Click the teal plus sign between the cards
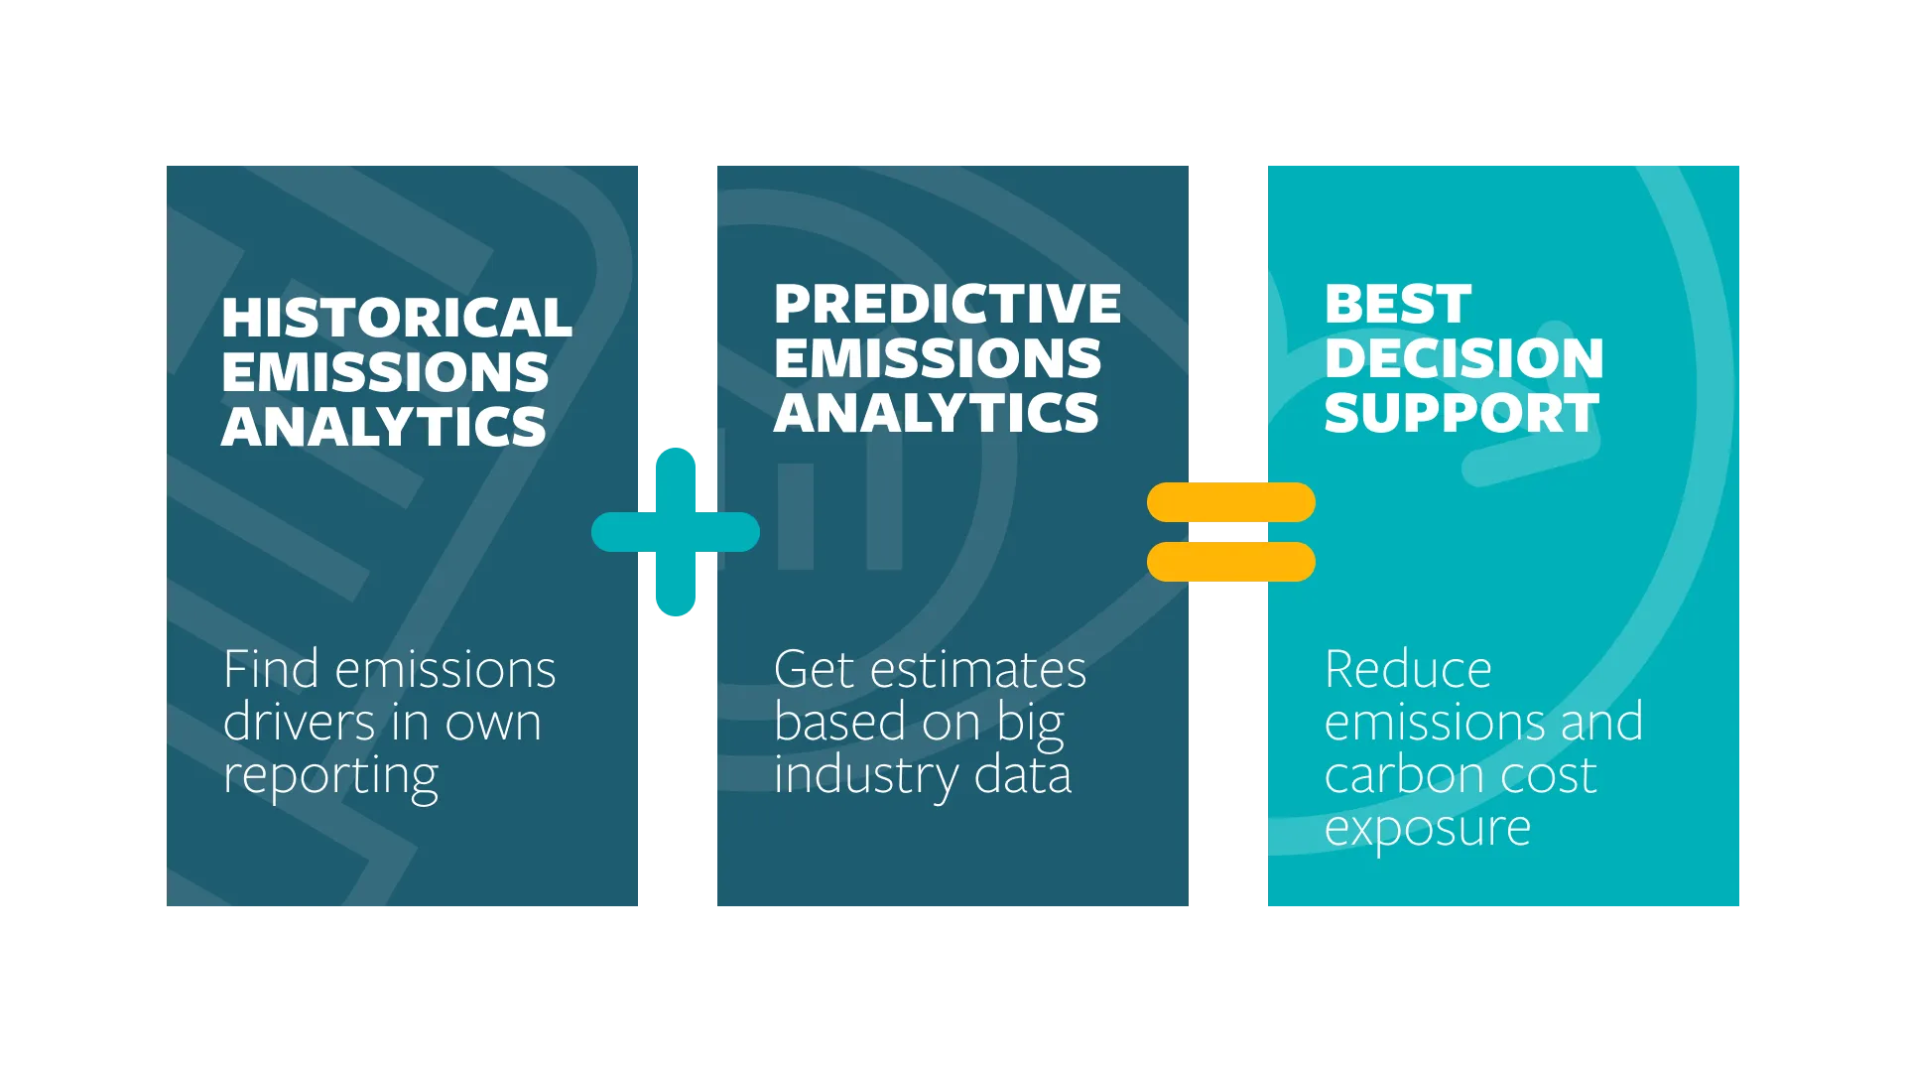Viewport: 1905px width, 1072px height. point(676,532)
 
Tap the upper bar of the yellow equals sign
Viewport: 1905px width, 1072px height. point(1230,502)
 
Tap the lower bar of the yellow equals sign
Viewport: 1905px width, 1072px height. point(1230,562)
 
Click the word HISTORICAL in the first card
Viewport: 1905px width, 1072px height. point(397,319)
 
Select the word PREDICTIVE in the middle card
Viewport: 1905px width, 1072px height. point(948,305)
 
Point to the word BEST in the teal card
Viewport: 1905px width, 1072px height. point(1398,305)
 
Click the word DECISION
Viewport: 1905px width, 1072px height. point(1464,358)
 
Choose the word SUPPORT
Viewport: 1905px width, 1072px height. point(1462,413)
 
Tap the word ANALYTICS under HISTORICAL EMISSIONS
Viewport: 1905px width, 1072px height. point(384,427)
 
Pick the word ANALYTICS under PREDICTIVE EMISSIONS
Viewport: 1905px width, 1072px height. point(937,413)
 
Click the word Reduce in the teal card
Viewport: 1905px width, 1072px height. point(1408,670)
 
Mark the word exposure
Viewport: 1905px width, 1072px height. point(1428,829)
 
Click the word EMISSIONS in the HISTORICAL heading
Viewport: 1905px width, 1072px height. point(385,373)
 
